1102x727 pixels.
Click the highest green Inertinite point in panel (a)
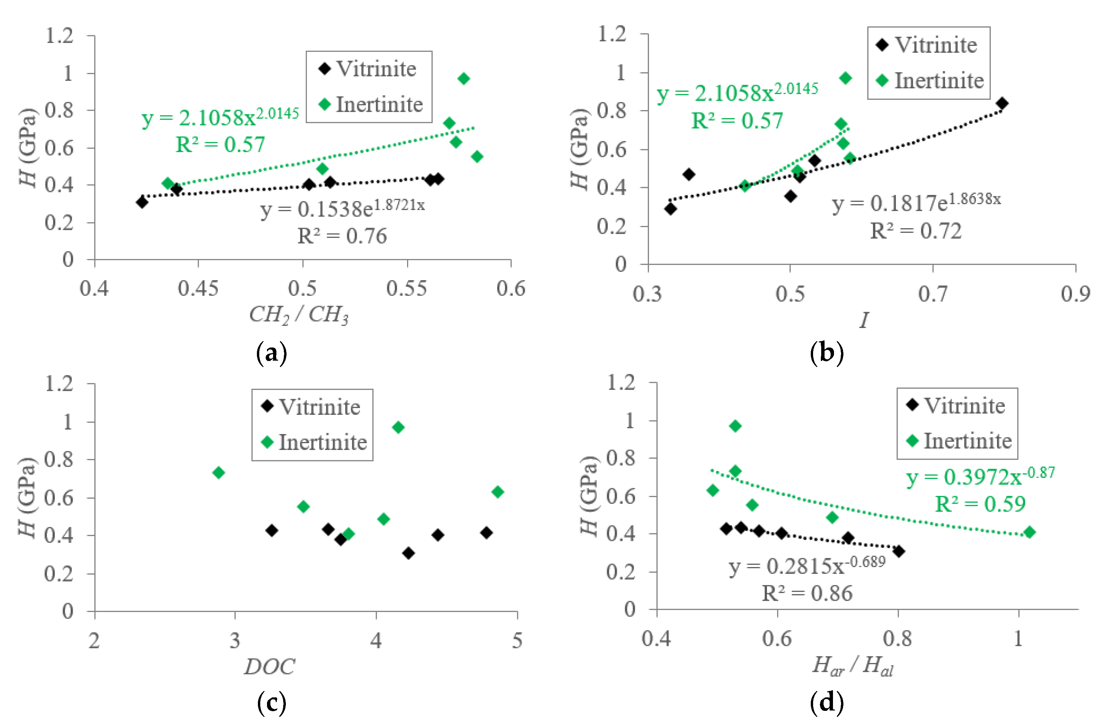(464, 79)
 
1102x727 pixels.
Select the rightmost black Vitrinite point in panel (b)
(1002, 103)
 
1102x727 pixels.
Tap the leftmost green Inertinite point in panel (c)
(219, 473)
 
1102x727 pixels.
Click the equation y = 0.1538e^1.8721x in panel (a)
(342, 209)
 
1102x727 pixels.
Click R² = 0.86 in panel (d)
(807, 593)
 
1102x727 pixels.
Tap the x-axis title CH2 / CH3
(299, 315)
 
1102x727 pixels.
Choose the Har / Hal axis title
(852, 667)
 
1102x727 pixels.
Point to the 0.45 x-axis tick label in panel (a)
(198, 289)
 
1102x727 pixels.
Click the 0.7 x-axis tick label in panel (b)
(932, 294)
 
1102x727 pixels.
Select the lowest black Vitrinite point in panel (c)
(408, 553)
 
